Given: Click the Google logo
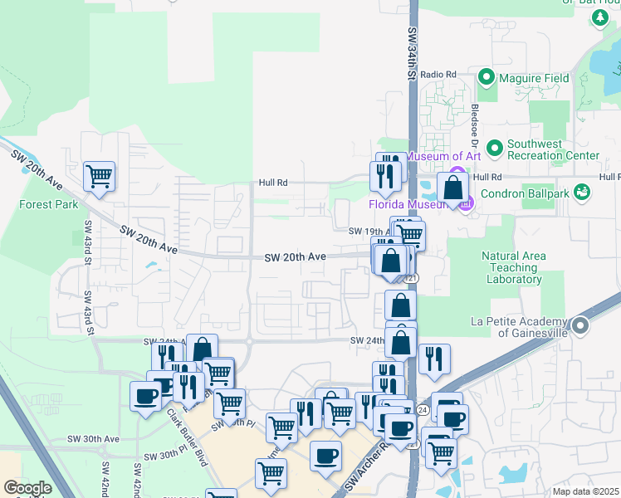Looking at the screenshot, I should point(27,488).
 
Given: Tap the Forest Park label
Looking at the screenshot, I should point(49,204).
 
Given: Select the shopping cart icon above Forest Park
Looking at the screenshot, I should point(99,175).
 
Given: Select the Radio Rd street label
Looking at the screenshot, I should point(438,74).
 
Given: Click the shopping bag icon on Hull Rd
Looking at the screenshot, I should point(453,187).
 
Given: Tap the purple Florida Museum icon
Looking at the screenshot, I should point(465,202).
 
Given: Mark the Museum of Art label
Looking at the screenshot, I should point(442,156).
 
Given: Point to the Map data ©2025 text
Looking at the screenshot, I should point(585,491).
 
